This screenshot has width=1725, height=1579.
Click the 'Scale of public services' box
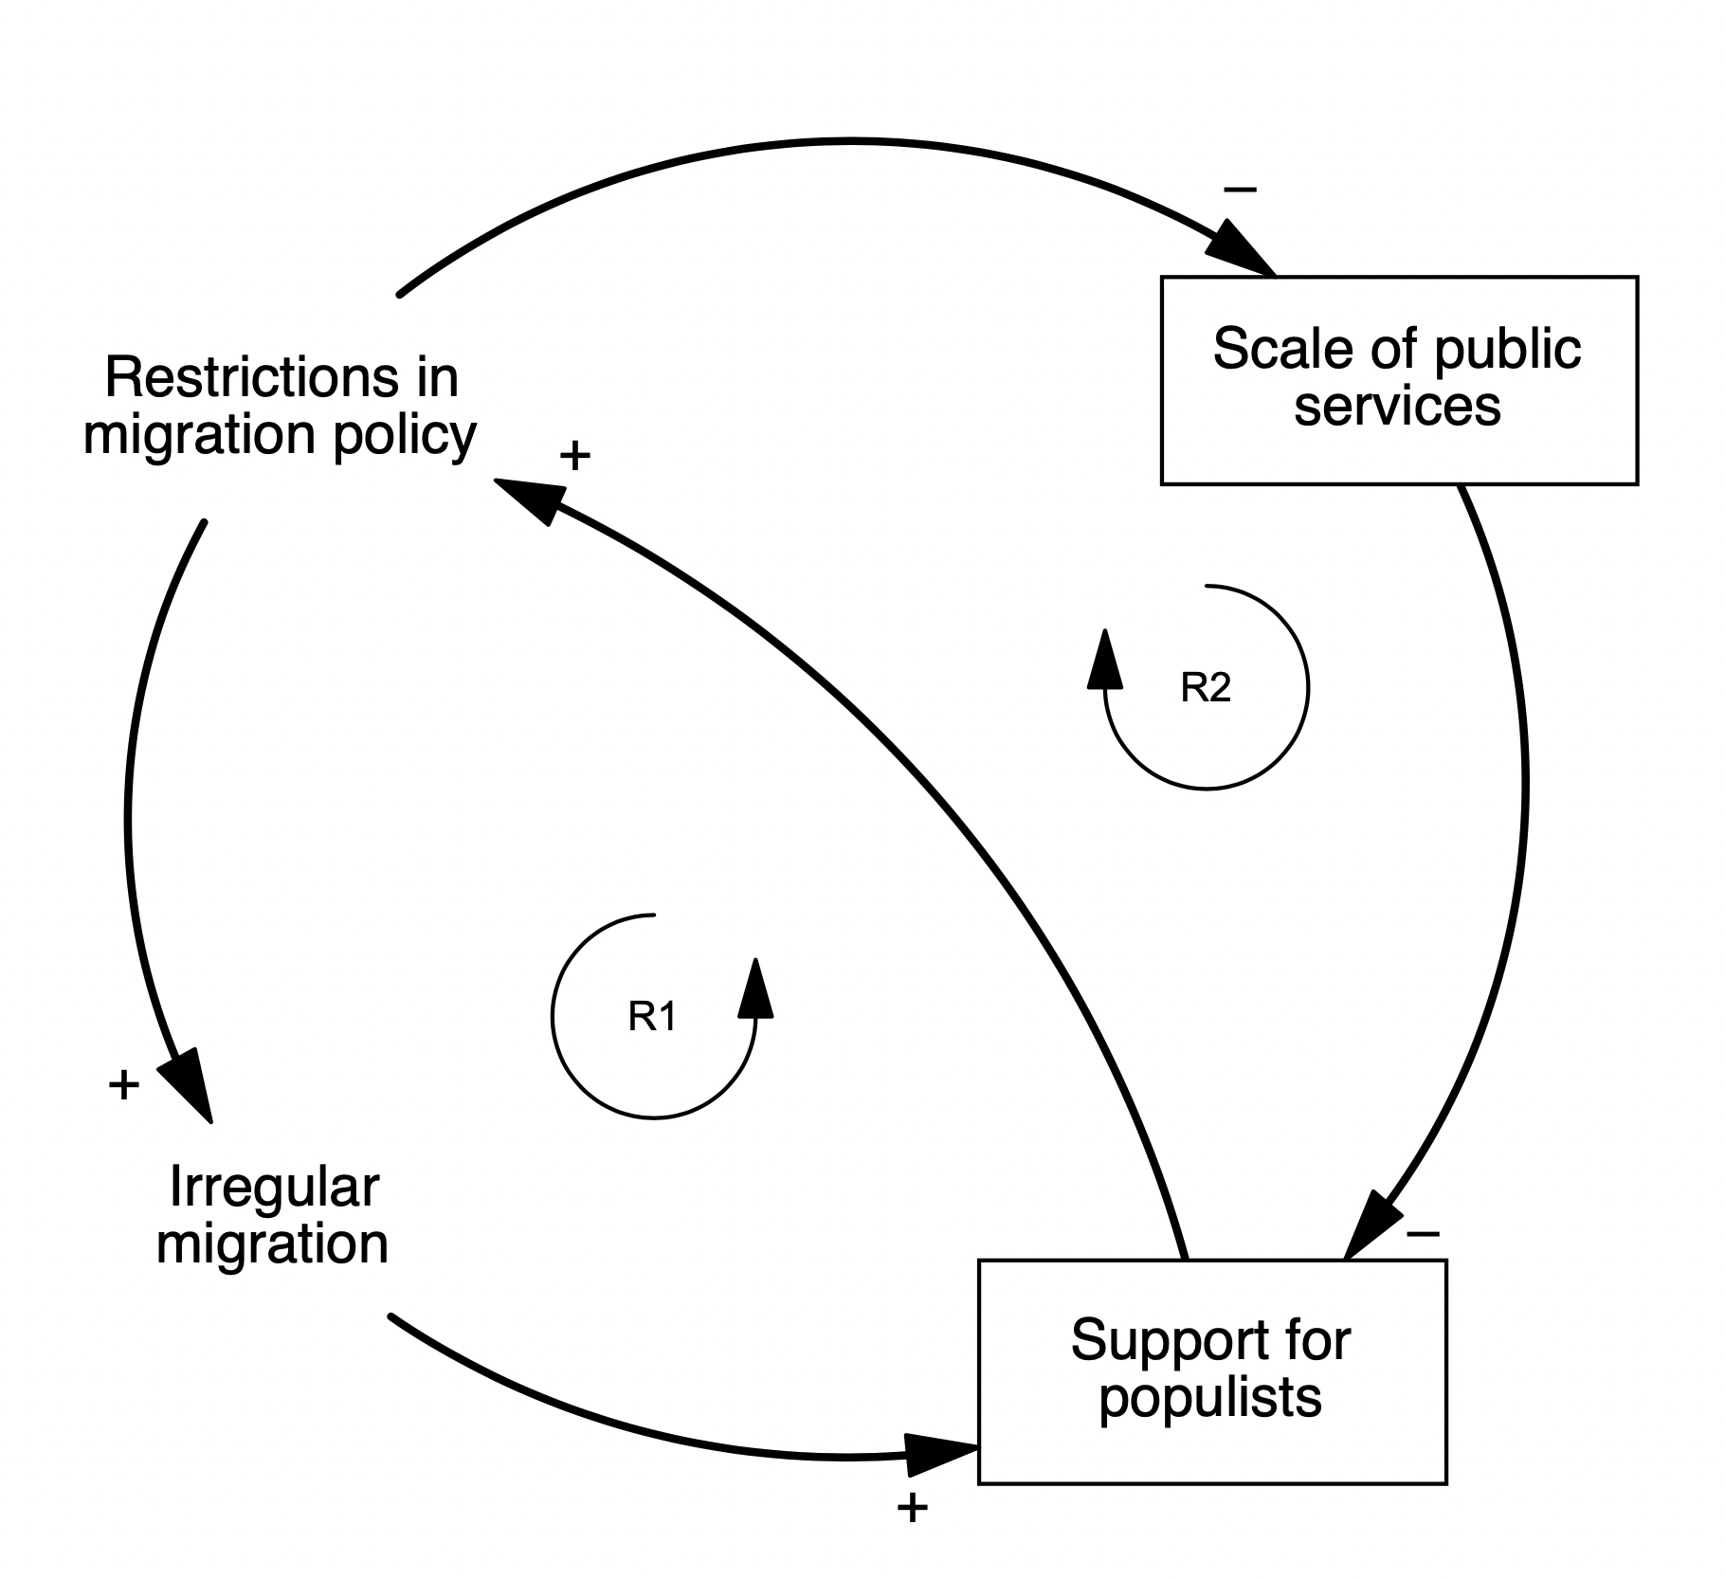[x=1399, y=380]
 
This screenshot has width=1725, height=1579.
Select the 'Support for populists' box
[x=1211, y=1371]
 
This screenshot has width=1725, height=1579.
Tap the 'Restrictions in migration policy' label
[x=281, y=406]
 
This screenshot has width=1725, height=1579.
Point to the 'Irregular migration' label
[x=273, y=1215]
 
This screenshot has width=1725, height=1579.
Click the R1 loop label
[x=653, y=1017]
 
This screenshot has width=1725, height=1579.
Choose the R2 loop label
[x=1206, y=688]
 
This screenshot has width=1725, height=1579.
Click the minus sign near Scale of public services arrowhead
[x=1241, y=190]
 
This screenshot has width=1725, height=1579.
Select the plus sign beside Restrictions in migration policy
[x=575, y=456]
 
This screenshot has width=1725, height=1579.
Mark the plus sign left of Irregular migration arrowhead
[x=124, y=1084]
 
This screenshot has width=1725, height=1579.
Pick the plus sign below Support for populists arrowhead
[x=912, y=1508]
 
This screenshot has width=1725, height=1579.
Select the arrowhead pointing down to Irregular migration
[x=189, y=1082]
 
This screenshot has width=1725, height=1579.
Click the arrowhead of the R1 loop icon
[x=755, y=989]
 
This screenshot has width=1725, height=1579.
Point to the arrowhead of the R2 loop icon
[x=1104, y=659]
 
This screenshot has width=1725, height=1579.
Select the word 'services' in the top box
[x=1397, y=408]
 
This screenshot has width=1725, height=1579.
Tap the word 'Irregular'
[x=274, y=1188]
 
